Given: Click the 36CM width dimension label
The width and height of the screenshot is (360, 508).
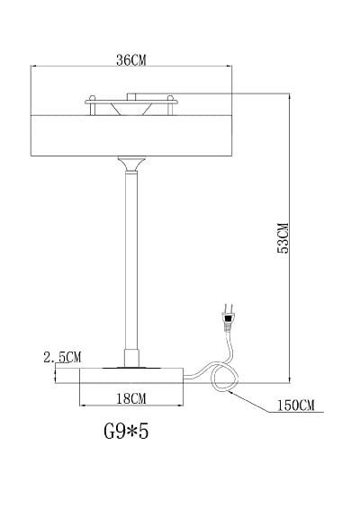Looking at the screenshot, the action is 131,60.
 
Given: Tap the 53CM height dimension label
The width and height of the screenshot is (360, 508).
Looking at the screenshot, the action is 283,238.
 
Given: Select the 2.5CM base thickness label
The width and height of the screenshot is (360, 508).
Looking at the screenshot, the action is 62,357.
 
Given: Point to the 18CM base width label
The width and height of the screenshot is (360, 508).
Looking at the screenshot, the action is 131,398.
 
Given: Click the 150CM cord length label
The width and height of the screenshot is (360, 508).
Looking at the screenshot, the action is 295,406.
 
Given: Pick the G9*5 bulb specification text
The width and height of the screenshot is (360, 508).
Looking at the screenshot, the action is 126,432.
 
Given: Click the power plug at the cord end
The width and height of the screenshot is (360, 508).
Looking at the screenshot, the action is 228,318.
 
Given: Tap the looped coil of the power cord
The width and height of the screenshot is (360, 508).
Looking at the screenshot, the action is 224,379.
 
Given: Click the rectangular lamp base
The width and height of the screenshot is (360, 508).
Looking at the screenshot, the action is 131,376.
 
